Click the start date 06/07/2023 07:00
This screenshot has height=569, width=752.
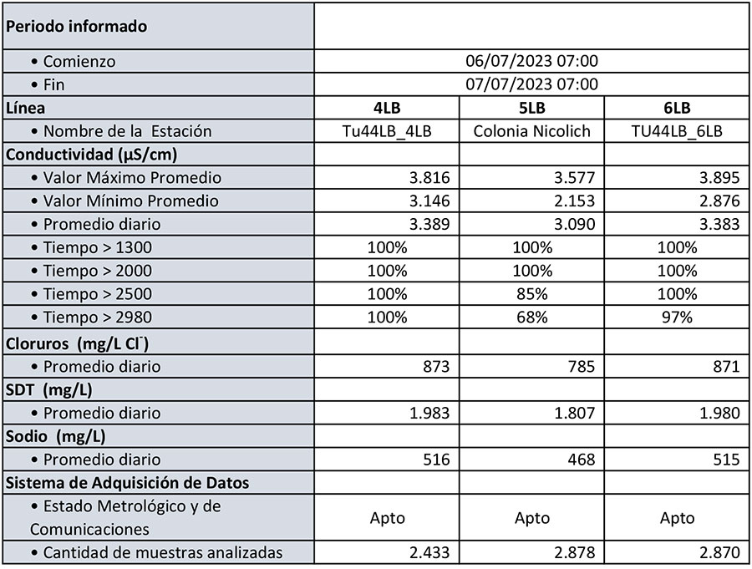(x=531, y=61)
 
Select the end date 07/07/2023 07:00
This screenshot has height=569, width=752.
(x=531, y=84)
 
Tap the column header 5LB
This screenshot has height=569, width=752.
(x=531, y=108)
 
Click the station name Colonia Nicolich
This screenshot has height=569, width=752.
(x=531, y=131)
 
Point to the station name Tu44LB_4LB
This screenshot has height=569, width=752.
(x=387, y=131)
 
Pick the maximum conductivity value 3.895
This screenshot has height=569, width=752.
(x=718, y=178)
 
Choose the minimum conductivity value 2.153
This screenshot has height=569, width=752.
(x=573, y=201)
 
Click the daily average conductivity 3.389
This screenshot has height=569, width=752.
(x=428, y=225)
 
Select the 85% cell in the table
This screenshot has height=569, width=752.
(x=531, y=294)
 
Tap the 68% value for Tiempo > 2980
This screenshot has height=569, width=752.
(x=531, y=318)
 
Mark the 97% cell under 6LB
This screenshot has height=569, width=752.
(x=677, y=318)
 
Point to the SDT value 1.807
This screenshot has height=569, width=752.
(x=573, y=413)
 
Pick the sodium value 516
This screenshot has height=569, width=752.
(x=435, y=460)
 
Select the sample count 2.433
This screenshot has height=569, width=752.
(x=428, y=552)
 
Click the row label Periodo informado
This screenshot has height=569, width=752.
(x=76, y=27)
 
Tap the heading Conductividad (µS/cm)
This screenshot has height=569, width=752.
(x=91, y=155)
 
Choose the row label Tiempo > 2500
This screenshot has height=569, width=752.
(x=98, y=294)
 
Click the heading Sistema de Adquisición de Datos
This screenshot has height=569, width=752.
(x=127, y=482)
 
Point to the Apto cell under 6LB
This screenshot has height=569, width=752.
(x=677, y=518)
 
